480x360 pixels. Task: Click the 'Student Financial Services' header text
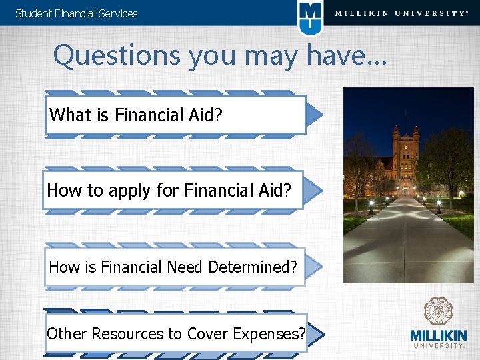(76, 13)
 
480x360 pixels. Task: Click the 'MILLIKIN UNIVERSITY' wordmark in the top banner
(401, 13)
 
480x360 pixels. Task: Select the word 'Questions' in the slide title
(117, 56)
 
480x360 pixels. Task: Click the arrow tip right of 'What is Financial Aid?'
(316, 115)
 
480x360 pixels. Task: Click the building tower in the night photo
(406, 150)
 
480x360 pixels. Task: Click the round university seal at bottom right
(438, 312)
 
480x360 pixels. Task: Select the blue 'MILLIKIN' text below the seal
(438, 335)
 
